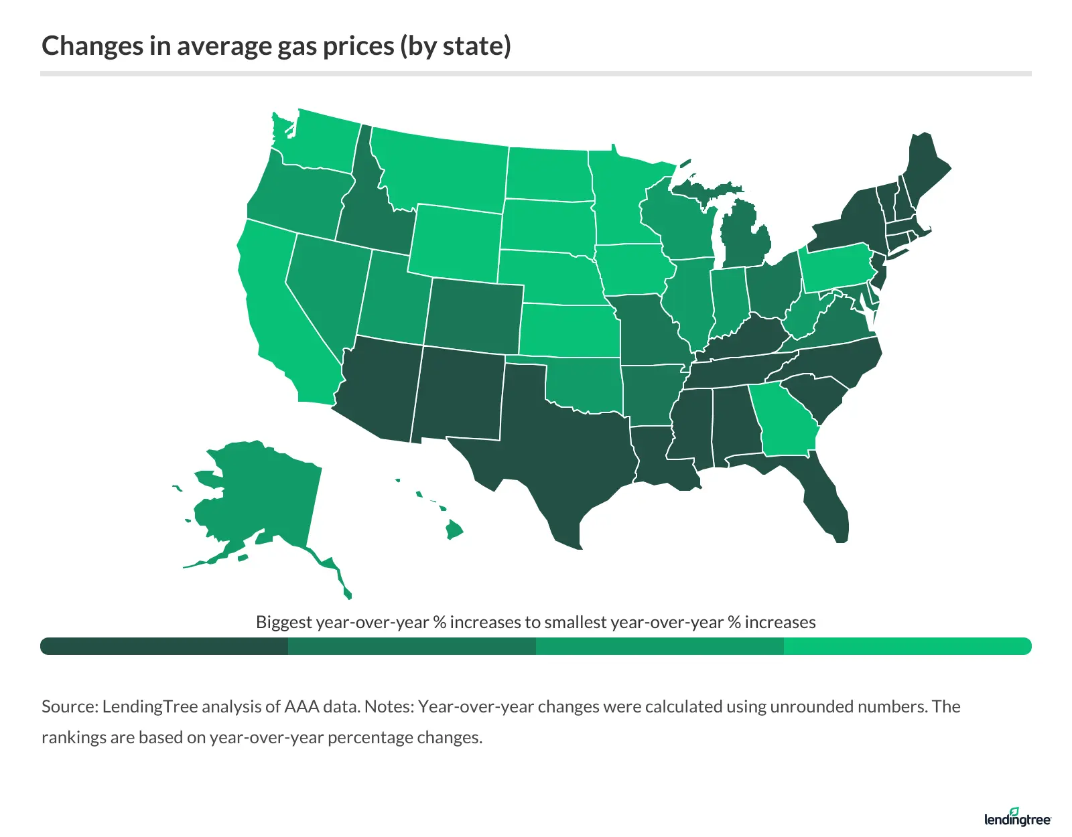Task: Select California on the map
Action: coord(275,315)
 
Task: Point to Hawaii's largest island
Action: coord(454,530)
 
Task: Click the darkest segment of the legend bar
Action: coord(164,646)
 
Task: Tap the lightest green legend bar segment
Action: coord(907,646)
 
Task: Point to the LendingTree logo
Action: coord(1017,818)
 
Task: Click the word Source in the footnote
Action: coord(70,706)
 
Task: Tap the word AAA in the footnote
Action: coord(302,706)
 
